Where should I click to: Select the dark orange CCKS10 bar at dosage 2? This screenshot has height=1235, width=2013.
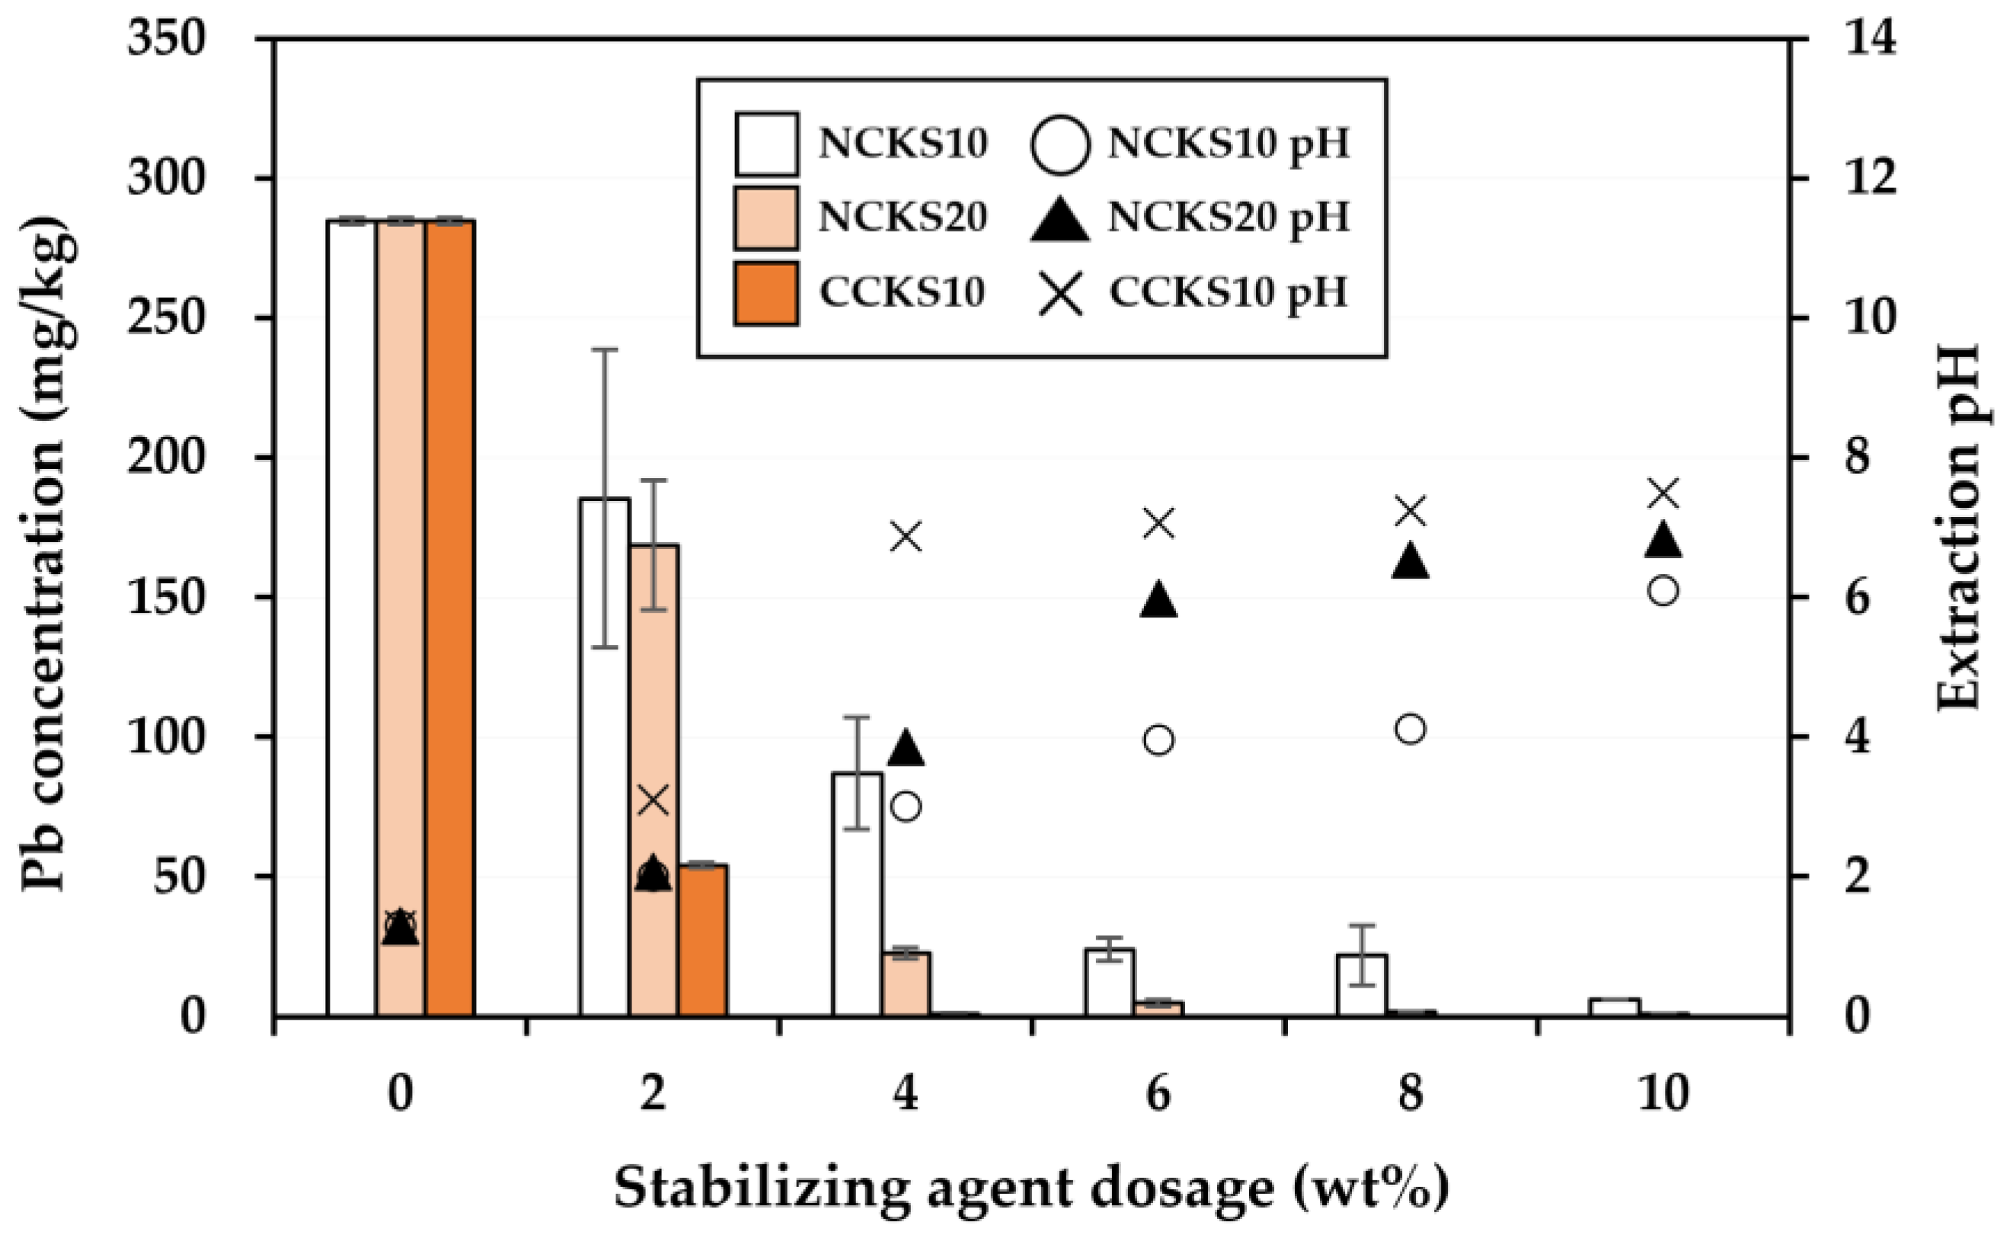[x=702, y=940]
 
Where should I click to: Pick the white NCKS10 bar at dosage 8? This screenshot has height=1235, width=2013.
[x=1362, y=985]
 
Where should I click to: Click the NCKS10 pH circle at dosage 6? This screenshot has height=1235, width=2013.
[x=1159, y=740]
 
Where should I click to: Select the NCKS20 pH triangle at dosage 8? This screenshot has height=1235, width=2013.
[x=1411, y=563]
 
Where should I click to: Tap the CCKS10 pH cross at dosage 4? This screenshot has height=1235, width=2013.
[x=906, y=538]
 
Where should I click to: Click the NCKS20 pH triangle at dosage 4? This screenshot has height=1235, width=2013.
[x=906, y=749]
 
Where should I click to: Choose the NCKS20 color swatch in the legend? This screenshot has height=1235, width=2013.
[x=765, y=218]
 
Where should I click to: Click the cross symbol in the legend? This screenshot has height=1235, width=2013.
[x=1062, y=294]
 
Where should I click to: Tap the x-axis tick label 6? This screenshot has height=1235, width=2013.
[x=1159, y=1093]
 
